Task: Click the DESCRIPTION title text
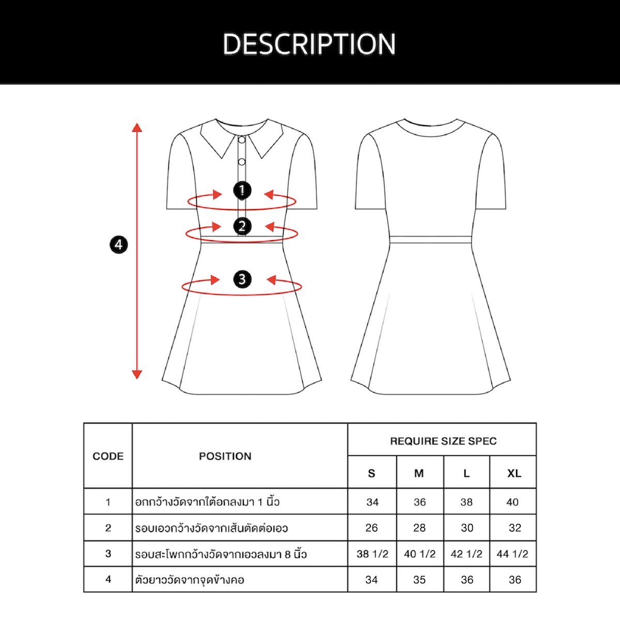(x=309, y=44)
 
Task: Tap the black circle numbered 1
(x=242, y=191)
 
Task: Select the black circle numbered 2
(x=242, y=226)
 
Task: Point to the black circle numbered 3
(x=242, y=279)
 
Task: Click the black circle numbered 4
(x=119, y=245)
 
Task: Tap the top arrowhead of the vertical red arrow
(x=137, y=128)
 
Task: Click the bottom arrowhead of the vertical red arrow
(x=137, y=374)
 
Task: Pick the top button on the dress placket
(x=242, y=140)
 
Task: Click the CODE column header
(x=108, y=456)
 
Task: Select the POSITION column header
(x=225, y=456)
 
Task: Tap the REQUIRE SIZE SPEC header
(x=443, y=441)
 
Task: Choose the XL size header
(x=514, y=473)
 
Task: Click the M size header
(x=419, y=473)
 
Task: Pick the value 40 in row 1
(x=512, y=502)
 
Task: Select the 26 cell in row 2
(x=371, y=528)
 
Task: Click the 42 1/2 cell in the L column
(x=467, y=554)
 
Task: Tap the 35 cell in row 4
(x=419, y=580)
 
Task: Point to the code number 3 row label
(x=108, y=553)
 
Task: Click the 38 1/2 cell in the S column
(x=372, y=554)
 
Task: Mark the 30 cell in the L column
(x=467, y=528)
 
